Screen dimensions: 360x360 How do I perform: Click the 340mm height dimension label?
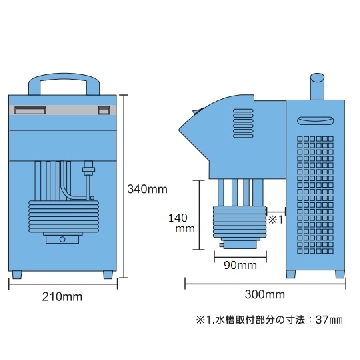147,189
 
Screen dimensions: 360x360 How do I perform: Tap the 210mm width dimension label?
62,296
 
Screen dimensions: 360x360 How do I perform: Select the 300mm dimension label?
265,294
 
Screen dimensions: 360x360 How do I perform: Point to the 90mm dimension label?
240,265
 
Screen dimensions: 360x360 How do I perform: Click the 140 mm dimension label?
182,223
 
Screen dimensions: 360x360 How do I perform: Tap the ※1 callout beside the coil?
275,220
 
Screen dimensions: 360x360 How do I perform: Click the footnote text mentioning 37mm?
269,320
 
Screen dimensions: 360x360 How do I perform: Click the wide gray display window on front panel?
30,110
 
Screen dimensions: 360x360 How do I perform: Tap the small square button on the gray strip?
104,110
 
